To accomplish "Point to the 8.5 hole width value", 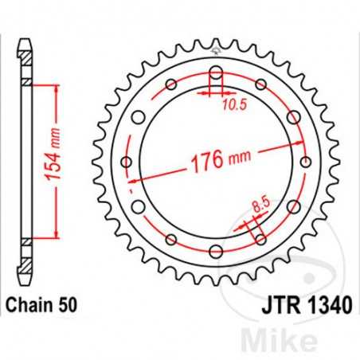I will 256,209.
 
